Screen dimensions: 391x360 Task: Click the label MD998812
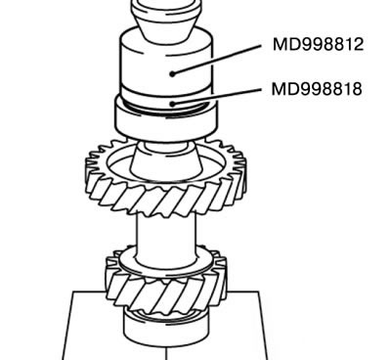point(318,44)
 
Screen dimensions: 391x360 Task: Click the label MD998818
point(317,89)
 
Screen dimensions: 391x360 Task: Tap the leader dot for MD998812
point(172,74)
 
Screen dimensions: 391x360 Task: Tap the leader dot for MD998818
point(173,104)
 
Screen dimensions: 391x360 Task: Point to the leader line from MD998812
point(217,60)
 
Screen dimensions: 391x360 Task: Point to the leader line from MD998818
point(217,97)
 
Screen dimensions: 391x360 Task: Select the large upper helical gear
point(166,179)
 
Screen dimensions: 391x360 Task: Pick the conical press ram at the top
point(166,20)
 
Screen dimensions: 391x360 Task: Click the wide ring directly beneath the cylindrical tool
point(166,119)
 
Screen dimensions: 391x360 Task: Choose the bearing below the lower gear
point(166,328)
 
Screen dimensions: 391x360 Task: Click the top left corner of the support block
point(73,292)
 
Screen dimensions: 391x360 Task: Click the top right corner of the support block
point(259,292)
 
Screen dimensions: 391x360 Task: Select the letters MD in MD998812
point(285,44)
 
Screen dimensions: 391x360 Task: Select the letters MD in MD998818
point(283,89)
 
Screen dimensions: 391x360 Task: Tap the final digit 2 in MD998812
point(359,44)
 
